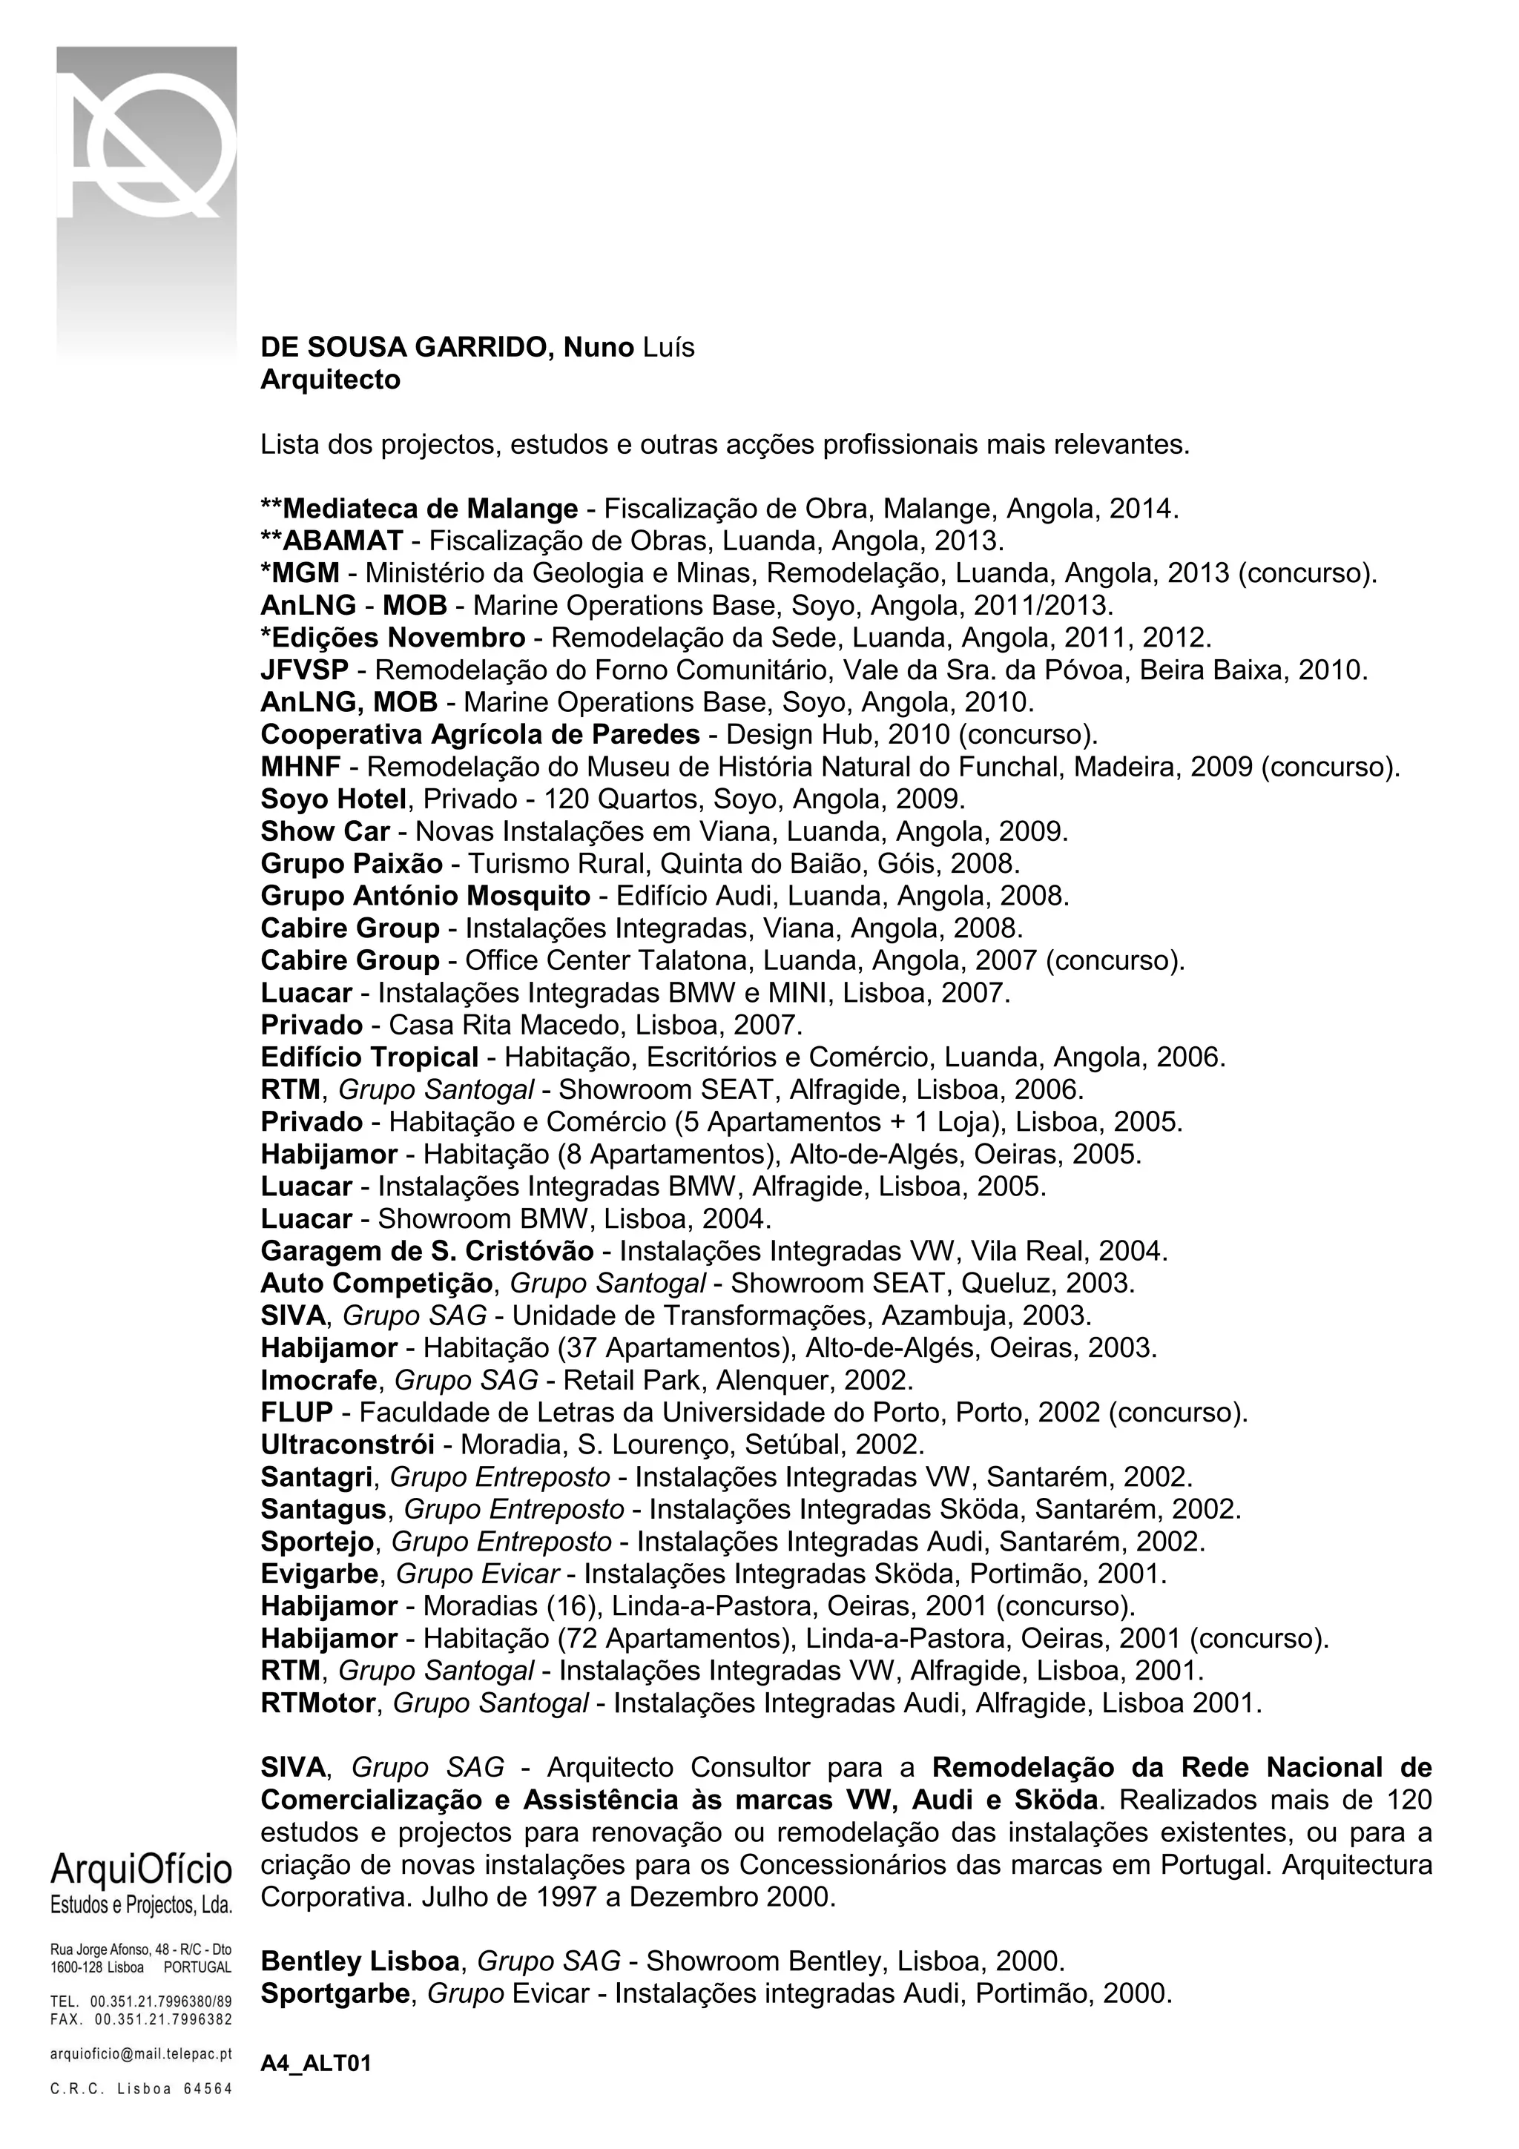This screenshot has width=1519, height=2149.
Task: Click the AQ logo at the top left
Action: tap(147, 150)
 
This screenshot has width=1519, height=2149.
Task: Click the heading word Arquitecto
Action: tap(330, 380)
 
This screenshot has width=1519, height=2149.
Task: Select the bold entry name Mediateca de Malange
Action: tap(429, 509)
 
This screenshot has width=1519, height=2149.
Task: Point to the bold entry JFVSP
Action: tap(304, 670)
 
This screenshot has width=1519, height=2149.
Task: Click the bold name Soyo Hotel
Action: tap(333, 799)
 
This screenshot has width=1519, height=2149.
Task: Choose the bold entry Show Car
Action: tap(325, 831)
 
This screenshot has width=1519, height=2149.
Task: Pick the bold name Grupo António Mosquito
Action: tap(425, 896)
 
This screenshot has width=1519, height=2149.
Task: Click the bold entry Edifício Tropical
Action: tap(369, 1057)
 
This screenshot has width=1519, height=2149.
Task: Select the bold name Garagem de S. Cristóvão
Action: tap(426, 1252)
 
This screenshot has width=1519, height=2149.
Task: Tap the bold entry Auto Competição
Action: tap(376, 1283)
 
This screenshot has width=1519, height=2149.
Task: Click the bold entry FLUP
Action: tap(297, 1413)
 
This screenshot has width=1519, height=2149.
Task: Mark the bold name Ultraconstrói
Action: tap(347, 1445)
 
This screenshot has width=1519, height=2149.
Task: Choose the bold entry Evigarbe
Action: tap(321, 1574)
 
